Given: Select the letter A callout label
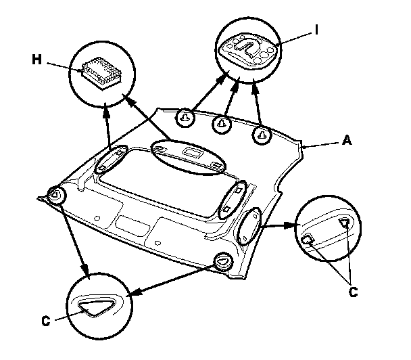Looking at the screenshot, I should (347, 141).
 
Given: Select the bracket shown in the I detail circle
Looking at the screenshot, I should (249, 50).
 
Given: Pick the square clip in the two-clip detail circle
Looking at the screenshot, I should (308, 239).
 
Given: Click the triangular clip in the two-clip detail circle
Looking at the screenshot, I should (345, 223).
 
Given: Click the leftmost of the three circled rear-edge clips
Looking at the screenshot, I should (184, 119).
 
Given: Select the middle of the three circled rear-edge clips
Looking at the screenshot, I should (221, 124).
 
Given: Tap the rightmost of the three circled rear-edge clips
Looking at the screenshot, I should (261, 135).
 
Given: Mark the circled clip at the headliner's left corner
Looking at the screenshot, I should (56, 196).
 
